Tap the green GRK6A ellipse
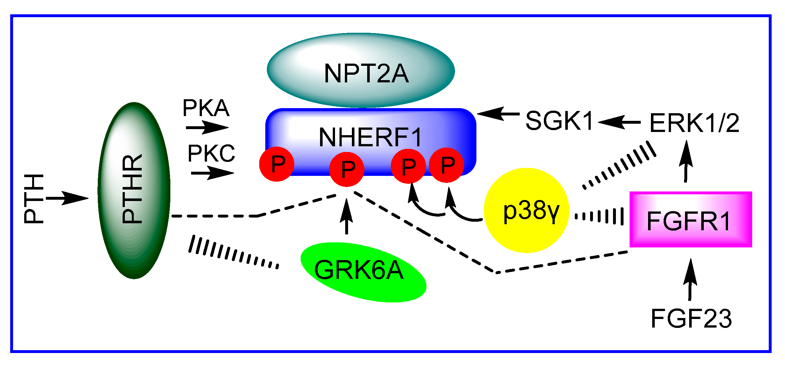(x=363, y=272)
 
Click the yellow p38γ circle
(x=526, y=211)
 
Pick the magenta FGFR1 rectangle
(x=690, y=219)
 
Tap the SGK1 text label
(x=559, y=121)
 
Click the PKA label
(x=206, y=108)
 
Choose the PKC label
(x=211, y=153)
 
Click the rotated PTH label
(x=33, y=199)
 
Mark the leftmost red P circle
(x=276, y=164)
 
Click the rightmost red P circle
(x=446, y=165)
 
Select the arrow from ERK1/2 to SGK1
(x=619, y=122)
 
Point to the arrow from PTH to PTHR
(x=67, y=198)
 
